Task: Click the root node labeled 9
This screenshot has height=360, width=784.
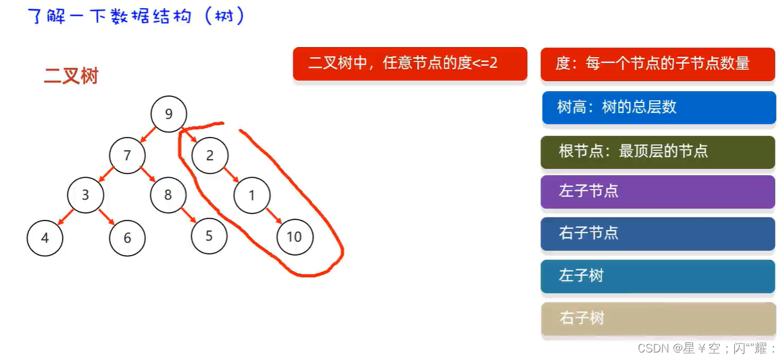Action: click(x=168, y=114)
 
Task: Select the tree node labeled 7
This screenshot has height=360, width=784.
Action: click(x=127, y=155)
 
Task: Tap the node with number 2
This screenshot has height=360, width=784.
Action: click(x=210, y=156)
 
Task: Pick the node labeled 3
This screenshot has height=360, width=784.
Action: click(x=85, y=195)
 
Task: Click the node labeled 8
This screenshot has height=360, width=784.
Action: click(x=168, y=195)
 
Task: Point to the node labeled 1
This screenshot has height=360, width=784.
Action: click(x=252, y=195)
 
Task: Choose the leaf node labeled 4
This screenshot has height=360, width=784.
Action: click(x=45, y=238)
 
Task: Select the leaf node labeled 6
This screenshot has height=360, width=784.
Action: click(x=128, y=238)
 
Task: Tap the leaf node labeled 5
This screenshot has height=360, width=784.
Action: click(x=209, y=236)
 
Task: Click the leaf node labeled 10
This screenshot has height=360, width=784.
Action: click(x=294, y=237)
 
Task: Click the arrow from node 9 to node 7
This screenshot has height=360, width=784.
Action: click(x=148, y=134)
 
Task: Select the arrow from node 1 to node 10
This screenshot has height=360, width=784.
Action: click(x=273, y=215)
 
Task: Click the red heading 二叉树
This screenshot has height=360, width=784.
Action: click(x=71, y=76)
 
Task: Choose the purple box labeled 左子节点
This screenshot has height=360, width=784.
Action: click(x=657, y=192)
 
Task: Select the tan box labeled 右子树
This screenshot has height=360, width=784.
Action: click(x=657, y=319)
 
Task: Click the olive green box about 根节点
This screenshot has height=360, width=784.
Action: click(x=657, y=151)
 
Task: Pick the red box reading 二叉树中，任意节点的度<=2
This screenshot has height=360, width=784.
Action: click(x=410, y=63)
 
